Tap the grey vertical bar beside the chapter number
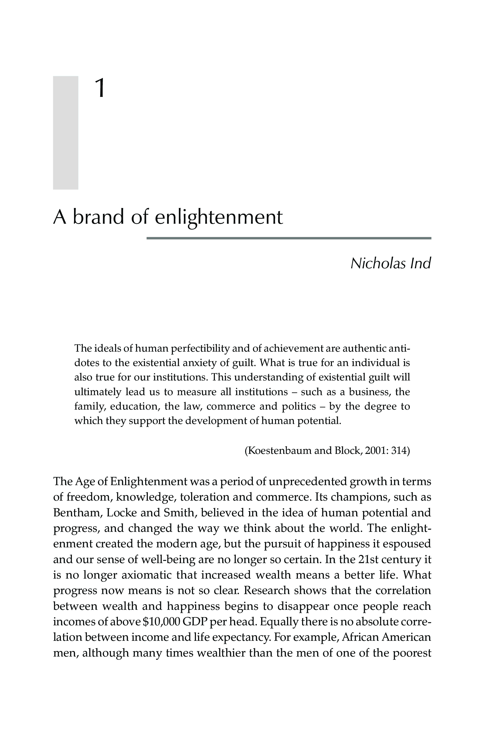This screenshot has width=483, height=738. [x=65, y=132]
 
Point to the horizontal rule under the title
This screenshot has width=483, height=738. [x=288, y=238]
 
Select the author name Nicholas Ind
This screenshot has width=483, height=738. [x=391, y=264]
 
